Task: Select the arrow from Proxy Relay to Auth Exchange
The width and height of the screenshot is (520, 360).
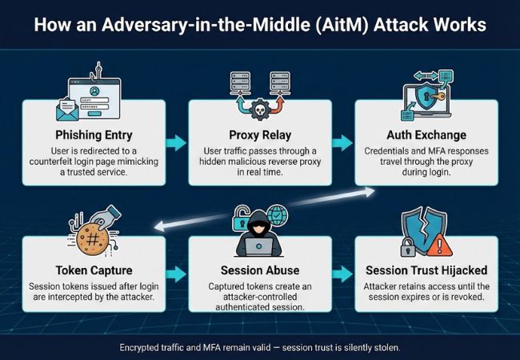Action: click(342, 142)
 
